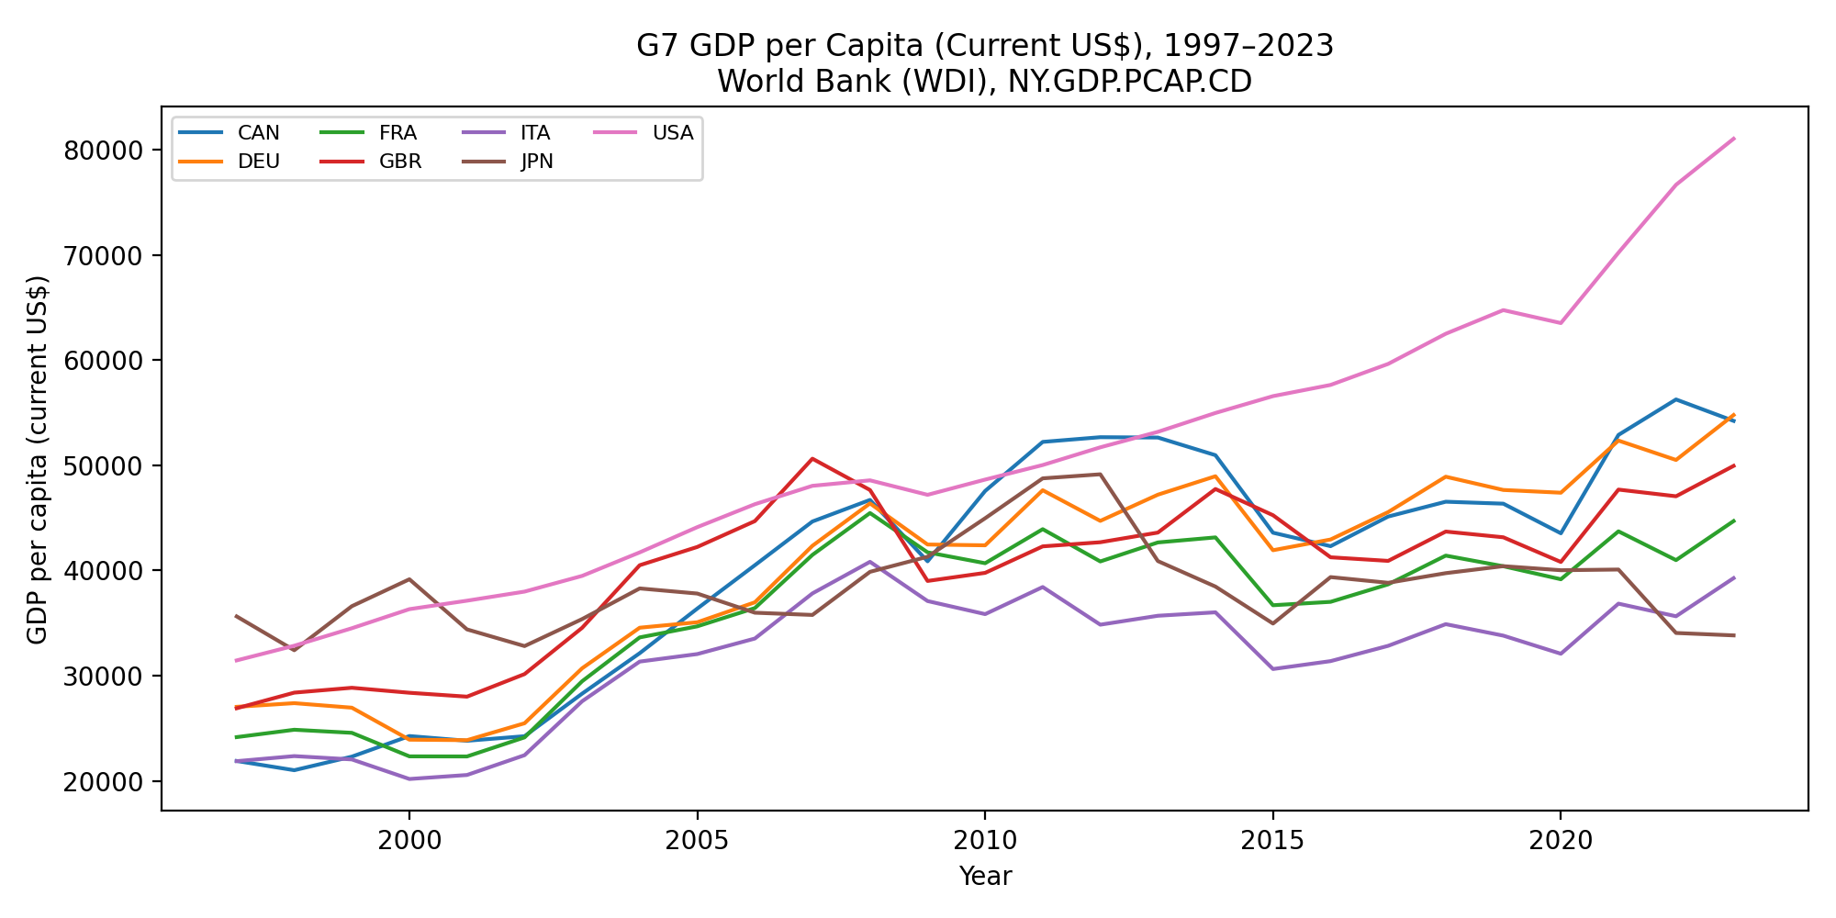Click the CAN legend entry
(229, 133)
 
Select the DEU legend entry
(229, 162)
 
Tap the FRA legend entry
(369, 133)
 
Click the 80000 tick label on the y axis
(105, 151)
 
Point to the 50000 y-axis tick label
(105, 466)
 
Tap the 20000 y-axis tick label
(105, 782)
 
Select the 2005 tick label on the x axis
(697, 839)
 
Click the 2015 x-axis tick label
(1272, 839)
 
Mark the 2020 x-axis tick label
(1561, 839)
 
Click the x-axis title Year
(985, 877)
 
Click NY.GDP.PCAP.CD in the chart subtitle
(1130, 82)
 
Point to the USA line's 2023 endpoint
(1733, 139)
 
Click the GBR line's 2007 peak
(812, 459)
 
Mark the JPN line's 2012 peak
(1100, 475)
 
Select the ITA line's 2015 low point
(1272, 669)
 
